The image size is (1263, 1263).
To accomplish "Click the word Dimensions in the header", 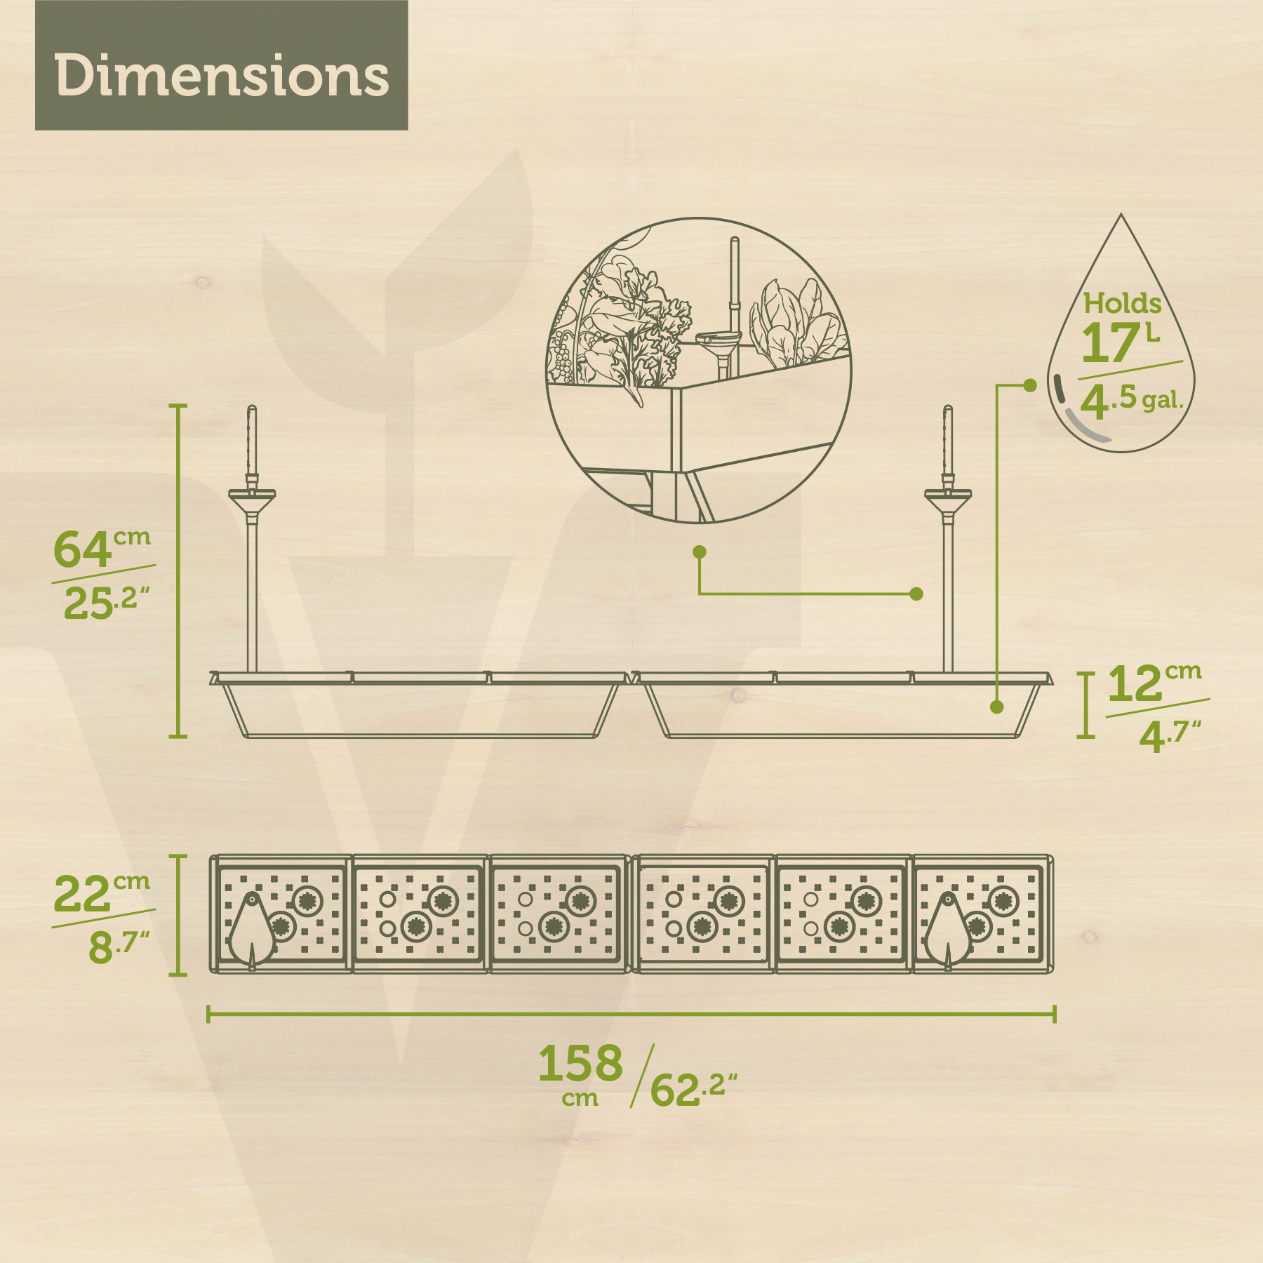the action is [x=222, y=76].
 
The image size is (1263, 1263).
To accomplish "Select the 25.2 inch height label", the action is [x=107, y=602].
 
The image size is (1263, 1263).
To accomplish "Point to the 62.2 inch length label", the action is [x=694, y=1088].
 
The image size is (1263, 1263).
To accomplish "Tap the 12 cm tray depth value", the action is [x=1155, y=682].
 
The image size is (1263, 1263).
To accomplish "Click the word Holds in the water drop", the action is [x=1122, y=303].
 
